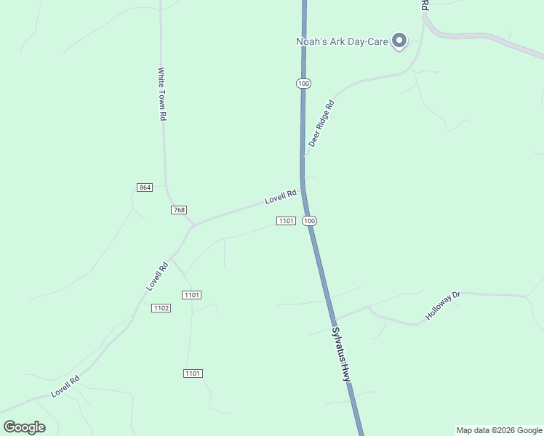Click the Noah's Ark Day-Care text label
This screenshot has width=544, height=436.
pos(342,41)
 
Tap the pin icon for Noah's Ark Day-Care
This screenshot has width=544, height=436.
pos(399,41)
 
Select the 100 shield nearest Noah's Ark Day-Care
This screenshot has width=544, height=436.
pos(303,84)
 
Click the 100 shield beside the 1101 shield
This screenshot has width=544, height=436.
pos(310,220)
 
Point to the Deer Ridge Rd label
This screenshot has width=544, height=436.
pos(321,124)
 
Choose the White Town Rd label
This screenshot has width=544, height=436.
pos(163,94)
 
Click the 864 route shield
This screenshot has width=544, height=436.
pos(145,187)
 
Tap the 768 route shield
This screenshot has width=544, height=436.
pos(179,210)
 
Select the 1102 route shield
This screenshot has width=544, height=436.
pos(161,308)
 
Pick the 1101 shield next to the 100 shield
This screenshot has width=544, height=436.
pos(286,220)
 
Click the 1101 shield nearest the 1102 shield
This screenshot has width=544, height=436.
pos(192,294)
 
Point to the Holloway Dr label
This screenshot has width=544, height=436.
pos(444,307)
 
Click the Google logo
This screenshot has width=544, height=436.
pos(24,427)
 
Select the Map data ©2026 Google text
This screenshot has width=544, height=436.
pos(499,430)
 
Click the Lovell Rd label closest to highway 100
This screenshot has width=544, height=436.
pos(281,196)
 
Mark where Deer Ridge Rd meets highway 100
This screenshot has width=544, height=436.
pos(303,155)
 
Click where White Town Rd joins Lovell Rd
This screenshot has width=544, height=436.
pos(193,225)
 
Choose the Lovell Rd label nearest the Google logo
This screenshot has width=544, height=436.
pos(65,387)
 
